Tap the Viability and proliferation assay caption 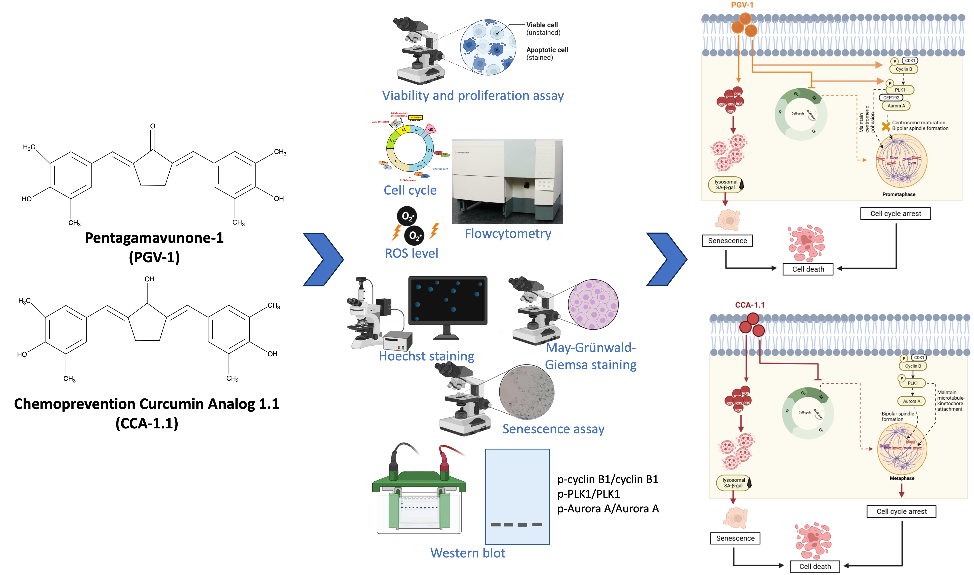(473, 96)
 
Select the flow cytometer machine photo (507, 181)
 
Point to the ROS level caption (411, 253)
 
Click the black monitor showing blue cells (448, 300)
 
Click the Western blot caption (468, 553)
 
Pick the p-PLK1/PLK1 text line (588, 494)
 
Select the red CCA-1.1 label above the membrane (749, 305)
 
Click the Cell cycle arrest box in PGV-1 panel (895, 213)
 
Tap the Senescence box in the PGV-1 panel (727, 241)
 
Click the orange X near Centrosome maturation (886, 126)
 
